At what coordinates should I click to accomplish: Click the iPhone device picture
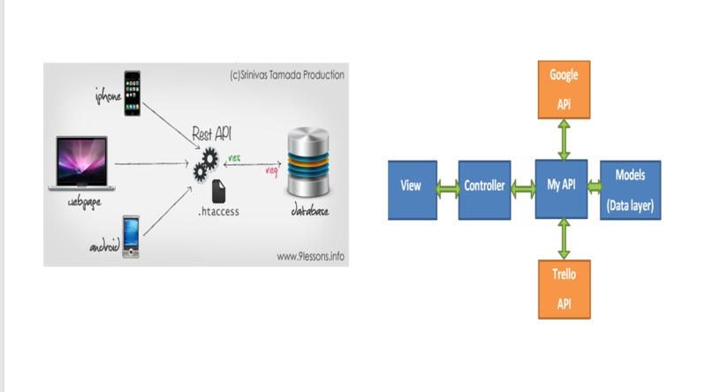132,93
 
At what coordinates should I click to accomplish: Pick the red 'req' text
273,170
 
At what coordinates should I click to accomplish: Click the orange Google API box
564,89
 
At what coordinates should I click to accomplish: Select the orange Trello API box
564,289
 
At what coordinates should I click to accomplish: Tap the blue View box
412,188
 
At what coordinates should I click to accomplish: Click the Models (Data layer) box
631,189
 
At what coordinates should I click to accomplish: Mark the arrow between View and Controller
448,187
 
